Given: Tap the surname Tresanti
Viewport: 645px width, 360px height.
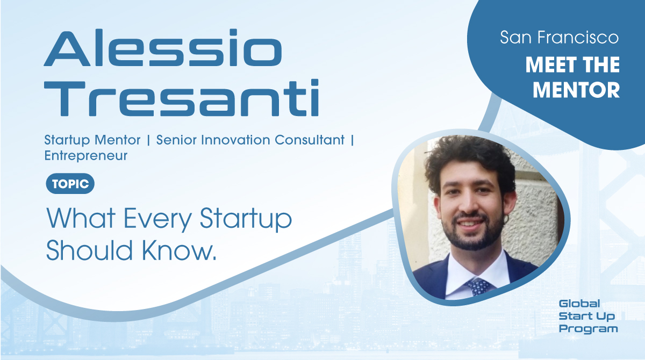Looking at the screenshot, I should click(x=181, y=99).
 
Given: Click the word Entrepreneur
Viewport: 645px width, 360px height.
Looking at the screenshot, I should click(x=86, y=156).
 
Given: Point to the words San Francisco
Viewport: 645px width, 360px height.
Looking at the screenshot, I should click(x=559, y=38).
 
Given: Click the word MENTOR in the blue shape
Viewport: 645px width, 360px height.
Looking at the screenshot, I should click(x=576, y=90).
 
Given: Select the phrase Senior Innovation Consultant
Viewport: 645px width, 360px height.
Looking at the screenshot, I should click(x=250, y=140).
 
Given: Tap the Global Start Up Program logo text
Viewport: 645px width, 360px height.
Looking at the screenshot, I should click(x=588, y=316).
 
